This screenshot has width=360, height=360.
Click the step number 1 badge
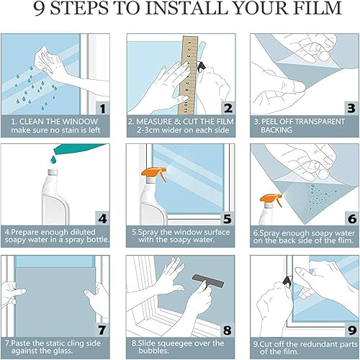(102, 109)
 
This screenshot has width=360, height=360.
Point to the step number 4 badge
(102, 217)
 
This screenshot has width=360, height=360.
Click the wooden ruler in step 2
(188, 72)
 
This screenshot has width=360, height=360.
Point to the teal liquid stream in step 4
(43, 159)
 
